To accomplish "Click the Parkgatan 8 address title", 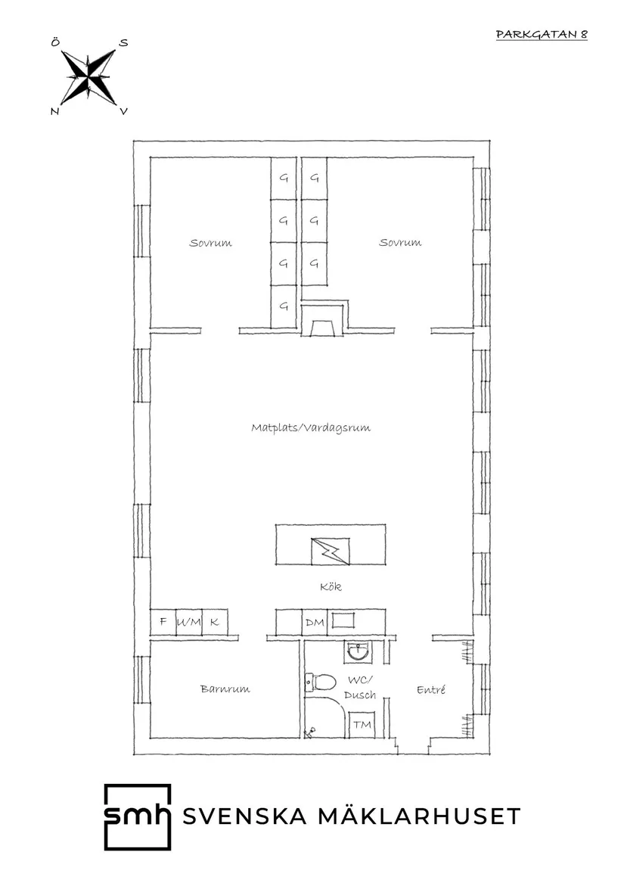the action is (542, 34).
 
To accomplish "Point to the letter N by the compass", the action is (54, 111).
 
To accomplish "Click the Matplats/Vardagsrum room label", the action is (311, 428).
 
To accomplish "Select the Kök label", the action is (331, 586).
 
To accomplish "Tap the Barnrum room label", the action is (225, 689).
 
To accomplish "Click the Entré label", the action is (431, 689).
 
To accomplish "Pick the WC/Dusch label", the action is (360, 688).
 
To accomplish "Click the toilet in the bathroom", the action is (320, 682).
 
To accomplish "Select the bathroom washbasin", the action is (356, 652).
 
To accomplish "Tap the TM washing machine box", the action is (362, 724).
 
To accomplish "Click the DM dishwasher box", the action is (315, 622).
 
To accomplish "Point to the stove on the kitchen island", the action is (331, 552).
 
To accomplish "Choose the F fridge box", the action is (163, 622).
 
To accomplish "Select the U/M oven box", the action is (188, 622).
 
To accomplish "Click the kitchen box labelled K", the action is (215, 622).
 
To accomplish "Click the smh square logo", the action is (138, 816).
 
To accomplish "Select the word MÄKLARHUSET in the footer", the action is (420, 816).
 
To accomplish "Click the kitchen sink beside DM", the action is (343, 620).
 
